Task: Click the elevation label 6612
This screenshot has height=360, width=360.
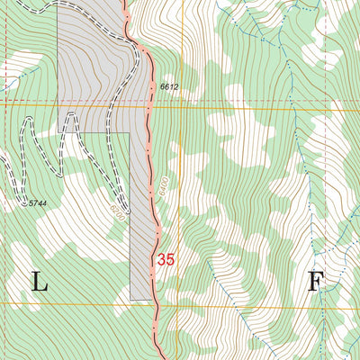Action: click(169, 86)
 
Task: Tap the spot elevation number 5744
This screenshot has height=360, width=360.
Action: click(37, 204)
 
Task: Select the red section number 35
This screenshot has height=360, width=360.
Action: click(166, 259)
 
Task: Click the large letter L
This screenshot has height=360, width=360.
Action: click(40, 283)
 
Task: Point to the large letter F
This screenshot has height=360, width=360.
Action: click(315, 283)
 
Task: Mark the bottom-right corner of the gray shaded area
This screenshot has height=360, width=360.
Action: click(151, 300)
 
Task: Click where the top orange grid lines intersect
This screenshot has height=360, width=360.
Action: click(179, 104)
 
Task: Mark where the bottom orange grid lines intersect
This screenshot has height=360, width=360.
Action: click(179, 304)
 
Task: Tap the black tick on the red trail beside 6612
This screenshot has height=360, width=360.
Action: click(151, 86)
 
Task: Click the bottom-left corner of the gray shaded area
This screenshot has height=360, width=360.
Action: click(130, 300)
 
